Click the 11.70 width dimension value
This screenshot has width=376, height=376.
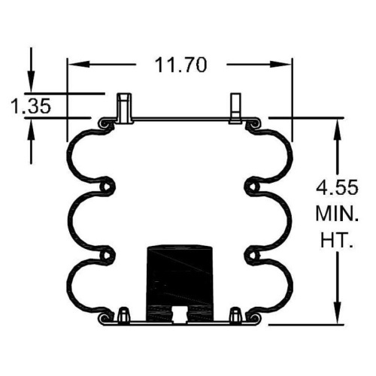pyautogui.click(x=180, y=65)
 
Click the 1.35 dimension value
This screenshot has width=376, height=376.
pyautogui.click(x=31, y=106)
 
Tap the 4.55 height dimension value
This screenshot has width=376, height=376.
pyautogui.click(x=337, y=187)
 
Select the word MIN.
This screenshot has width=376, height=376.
pyautogui.click(x=337, y=214)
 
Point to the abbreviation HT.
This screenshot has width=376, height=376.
pyautogui.click(x=337, y=240)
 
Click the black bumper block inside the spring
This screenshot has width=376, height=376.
pyautogui.click(x=180, y=284)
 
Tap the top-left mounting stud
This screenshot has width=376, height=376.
pyautogui.click(x=125, y=108)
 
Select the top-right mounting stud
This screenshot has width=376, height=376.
pyautogui.click(x=235, y=108)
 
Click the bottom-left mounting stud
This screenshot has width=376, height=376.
pyautogui.click(x=124, y=314)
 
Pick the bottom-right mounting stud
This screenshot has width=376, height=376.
pyautogui.click(x=235, y=314)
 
